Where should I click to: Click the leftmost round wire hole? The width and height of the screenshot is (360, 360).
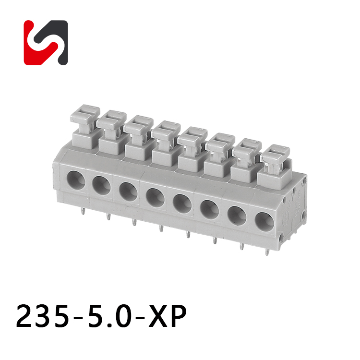(x=76, y=180)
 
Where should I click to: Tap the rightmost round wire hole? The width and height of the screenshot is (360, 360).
(x=264, y=222)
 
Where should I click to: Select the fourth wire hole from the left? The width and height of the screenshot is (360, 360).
(x=155, y=197)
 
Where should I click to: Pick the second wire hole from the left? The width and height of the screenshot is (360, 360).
(x=101, y=185)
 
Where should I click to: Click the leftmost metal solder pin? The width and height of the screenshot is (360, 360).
(x=84, y=211)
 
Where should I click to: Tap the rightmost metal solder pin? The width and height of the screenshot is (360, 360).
(x=267, y=252)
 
